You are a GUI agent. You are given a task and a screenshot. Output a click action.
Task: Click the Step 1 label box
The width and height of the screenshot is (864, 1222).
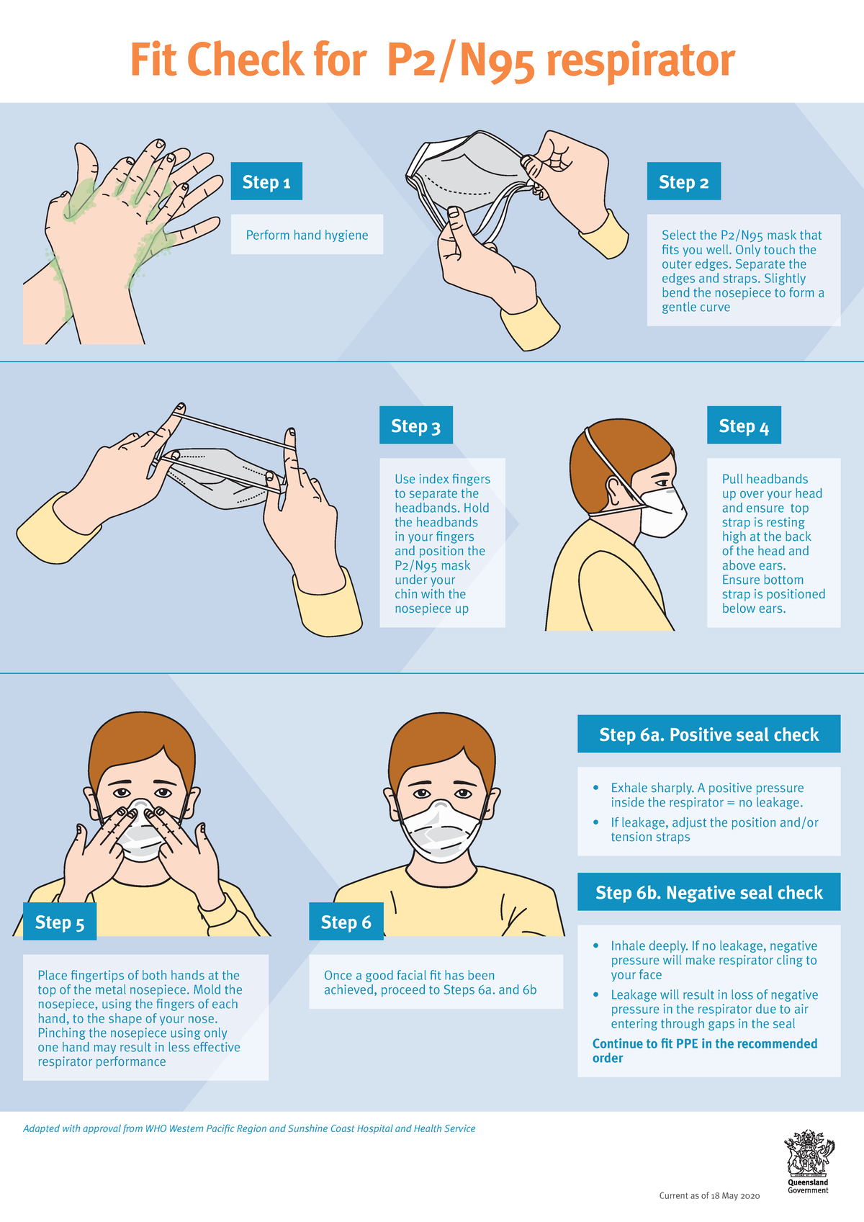266,181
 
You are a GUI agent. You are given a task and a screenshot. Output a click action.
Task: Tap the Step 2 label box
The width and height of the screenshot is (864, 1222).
683,181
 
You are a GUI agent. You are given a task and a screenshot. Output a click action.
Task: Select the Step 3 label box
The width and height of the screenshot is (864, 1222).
415,425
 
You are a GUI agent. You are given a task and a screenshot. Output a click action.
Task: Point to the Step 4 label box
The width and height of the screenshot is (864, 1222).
744,425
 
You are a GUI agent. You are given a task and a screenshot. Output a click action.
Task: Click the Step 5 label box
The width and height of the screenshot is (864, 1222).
60,922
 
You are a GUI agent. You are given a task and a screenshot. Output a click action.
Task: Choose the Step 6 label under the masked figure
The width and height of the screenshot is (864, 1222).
346,922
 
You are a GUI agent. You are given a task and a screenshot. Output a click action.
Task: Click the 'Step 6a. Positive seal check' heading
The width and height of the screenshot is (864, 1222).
708,734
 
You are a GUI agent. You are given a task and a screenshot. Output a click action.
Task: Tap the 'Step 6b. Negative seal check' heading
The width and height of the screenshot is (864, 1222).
708,892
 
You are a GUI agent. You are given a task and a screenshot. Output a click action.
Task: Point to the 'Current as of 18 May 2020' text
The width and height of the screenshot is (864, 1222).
709,1195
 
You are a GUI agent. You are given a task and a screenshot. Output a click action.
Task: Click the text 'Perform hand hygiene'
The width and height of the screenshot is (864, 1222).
307,235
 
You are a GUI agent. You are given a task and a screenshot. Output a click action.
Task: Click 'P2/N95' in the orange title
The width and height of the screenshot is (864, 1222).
460,61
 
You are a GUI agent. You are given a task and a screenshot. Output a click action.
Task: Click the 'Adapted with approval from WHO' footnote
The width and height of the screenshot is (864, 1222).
248,1128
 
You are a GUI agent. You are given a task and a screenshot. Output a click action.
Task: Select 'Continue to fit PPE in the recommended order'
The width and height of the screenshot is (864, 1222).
705,1051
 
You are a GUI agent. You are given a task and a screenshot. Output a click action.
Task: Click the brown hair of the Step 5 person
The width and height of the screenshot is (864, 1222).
142,747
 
